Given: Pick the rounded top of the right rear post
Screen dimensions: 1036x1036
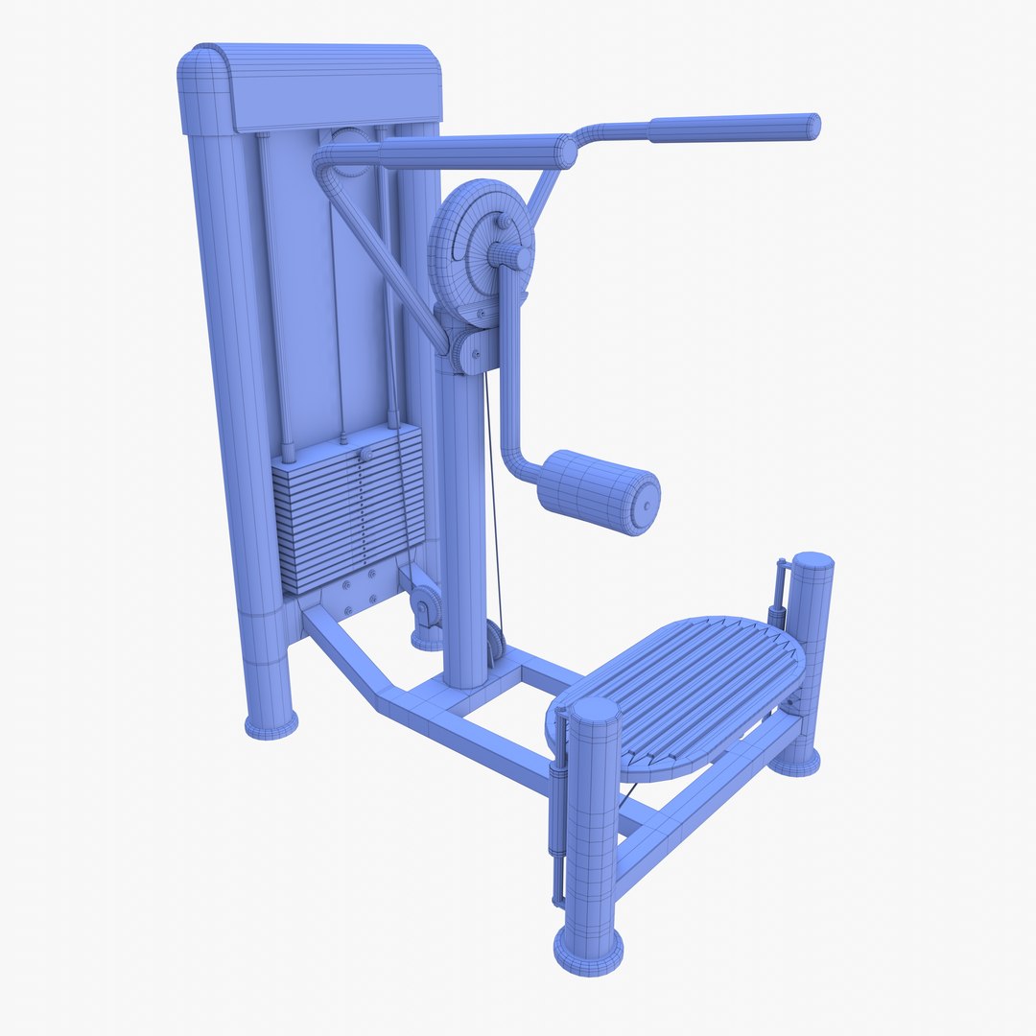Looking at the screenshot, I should point(812,561).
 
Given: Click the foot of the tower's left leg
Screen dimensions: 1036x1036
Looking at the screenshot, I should point(271,724).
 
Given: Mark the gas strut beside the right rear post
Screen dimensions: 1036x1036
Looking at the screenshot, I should point(780,595).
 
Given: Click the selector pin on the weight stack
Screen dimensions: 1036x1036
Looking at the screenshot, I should point(365,455).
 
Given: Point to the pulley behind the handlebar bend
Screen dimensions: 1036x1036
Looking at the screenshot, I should point(350,149).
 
